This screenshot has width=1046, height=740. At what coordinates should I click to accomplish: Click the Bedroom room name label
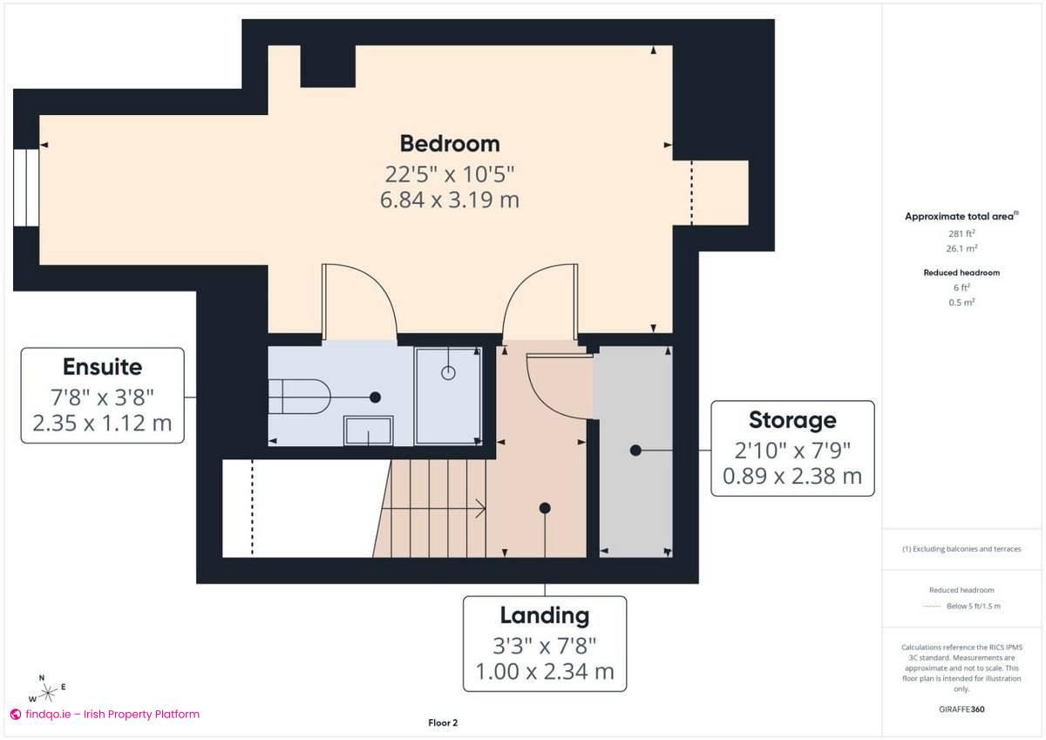[x=450, y=143]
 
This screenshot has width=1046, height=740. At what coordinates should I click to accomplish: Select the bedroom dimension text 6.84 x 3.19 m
[x=450, y=200]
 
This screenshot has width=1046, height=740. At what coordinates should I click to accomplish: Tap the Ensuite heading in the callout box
[x=102, y=366]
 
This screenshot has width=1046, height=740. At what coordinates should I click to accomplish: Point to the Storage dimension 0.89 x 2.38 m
[x=791, y=476]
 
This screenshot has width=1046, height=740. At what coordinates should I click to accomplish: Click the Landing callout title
[x=544, y=615]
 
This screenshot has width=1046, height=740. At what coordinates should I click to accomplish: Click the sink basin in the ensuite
[x=369, y=430]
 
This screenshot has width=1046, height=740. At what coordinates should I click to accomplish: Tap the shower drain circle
[x=449, y=373]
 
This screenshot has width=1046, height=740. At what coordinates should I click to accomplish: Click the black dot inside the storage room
[x=635, y=451]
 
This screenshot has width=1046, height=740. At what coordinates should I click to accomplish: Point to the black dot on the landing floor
[x=545, y=507]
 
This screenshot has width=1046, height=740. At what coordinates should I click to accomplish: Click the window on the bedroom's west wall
[x=26, y=188]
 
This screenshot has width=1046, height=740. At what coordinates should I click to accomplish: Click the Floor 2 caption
[x=443, y=723]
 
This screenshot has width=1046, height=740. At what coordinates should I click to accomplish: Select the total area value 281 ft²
[x=961, y=234]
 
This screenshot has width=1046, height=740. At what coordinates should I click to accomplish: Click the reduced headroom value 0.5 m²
[x=961, y=302]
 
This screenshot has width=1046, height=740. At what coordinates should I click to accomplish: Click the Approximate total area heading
[x=961, y=216]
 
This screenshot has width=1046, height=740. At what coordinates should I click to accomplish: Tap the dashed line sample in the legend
[x=934, y=606]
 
